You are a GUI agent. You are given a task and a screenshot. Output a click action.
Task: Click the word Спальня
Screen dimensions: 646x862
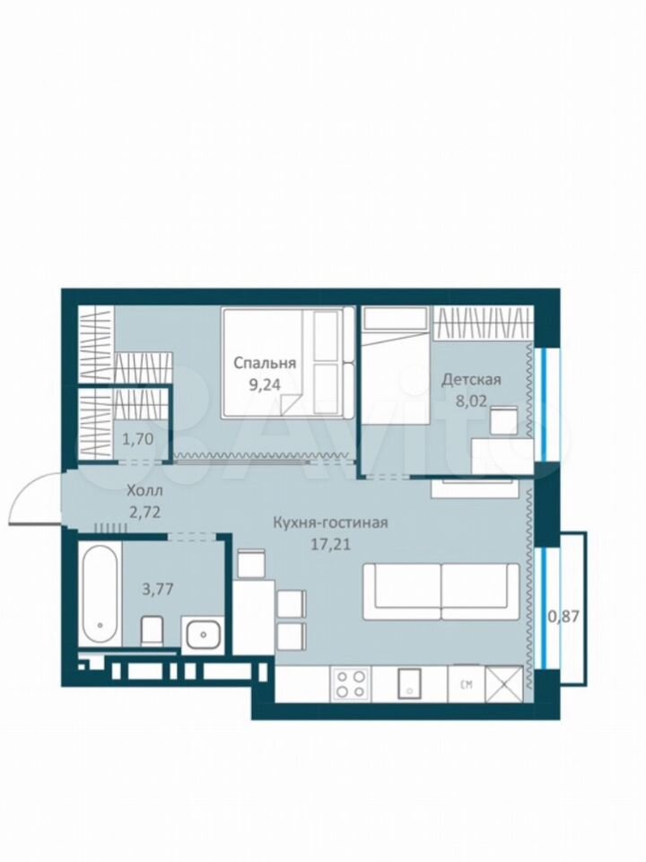pos(265,364)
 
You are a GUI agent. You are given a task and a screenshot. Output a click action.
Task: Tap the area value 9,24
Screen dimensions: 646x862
pos(265,384)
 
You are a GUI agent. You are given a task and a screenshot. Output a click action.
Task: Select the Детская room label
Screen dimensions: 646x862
pos(472,379)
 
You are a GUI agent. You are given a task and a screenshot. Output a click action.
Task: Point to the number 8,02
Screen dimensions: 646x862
pos(471,400)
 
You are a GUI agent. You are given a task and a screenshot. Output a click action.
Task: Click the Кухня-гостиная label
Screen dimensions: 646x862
pos(331,523)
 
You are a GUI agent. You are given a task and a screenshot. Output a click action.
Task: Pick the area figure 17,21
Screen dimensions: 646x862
pos(330,544)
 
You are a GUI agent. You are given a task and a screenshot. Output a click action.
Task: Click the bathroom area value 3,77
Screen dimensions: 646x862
pos(158,589)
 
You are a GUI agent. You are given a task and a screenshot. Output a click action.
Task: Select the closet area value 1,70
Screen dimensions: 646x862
pos(136,439)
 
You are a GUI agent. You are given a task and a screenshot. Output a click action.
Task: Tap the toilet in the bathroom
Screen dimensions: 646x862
pos(153,631)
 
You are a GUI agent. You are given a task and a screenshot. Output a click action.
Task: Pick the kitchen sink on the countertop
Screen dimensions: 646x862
pos(409,683)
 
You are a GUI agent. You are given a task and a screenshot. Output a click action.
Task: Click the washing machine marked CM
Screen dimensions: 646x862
pos(467,683)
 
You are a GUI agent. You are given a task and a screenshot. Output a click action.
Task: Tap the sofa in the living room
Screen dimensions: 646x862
pos(441,592)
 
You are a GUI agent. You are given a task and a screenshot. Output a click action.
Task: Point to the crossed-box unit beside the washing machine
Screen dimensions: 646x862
pos(503,683)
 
